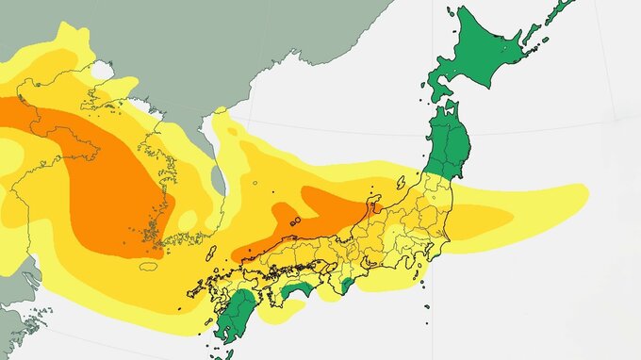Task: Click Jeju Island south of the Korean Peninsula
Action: (x=149, y=267)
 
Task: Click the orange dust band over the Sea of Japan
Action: (x=320, y=212)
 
